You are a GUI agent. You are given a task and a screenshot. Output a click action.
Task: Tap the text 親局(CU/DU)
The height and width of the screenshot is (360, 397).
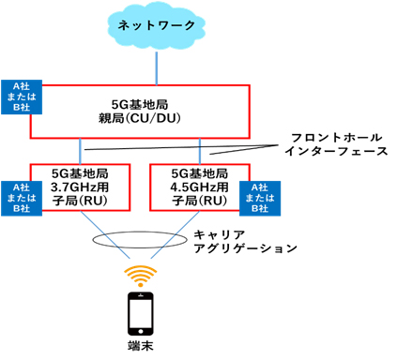(141, 118)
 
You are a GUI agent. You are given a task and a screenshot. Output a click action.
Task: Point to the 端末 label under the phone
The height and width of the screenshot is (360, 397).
(141, 348)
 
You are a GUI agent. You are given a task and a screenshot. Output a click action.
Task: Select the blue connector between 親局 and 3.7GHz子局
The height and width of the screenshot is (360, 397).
(82, 151)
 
